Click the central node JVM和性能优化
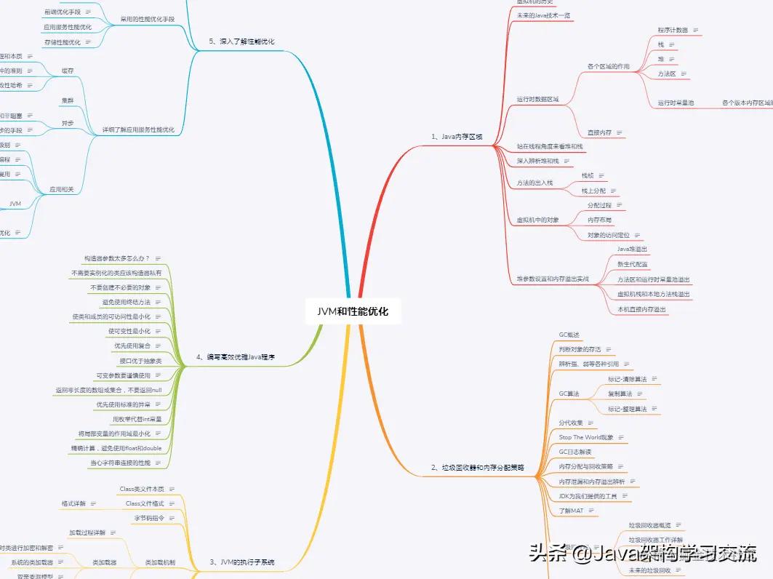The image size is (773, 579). point(353,311)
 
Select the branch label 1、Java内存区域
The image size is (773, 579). point(457,137)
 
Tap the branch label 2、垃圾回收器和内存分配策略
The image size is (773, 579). point(477,467)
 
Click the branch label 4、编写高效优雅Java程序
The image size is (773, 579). point(237,357)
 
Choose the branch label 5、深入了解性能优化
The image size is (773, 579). point(241,41)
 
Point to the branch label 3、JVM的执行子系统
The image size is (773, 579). point(242,562)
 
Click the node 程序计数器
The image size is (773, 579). point(673,31)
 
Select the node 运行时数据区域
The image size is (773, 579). point(537,99)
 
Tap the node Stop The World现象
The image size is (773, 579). point(585,437)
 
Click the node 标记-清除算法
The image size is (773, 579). point(627,379)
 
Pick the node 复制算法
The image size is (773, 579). point(620,394)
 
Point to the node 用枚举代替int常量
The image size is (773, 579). point(137,419)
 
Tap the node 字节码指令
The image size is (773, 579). point(150,518)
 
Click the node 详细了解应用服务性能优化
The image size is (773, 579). point(138,129)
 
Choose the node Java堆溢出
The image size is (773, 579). point(632,249)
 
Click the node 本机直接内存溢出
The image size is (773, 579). point(642,309)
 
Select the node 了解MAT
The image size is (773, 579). point(571,511)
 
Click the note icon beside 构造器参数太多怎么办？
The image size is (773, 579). point(157,258)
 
